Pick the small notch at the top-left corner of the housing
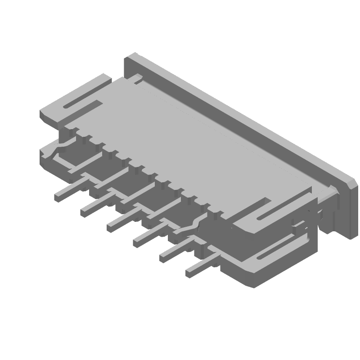pos(135,80)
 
